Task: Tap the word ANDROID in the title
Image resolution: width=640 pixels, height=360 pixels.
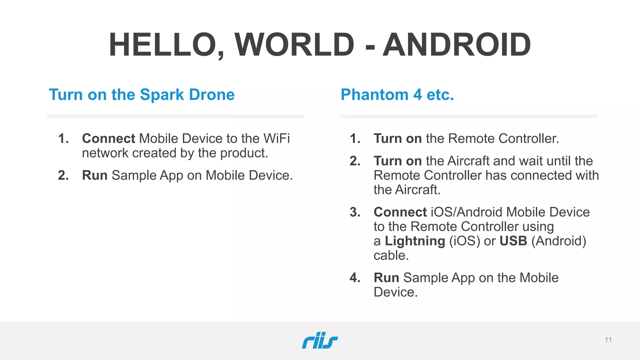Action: pos(457,45)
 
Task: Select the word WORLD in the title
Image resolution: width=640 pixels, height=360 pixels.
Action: pos(294,45)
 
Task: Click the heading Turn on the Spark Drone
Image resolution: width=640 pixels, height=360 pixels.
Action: pos(142,95)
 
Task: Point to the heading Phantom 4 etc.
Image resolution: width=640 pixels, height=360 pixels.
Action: pos(397,95)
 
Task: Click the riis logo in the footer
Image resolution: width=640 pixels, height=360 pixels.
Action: pos(320,340)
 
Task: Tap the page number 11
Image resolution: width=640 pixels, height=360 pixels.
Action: pos(608,340)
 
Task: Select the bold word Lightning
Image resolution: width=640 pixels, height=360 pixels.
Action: pos(415,241)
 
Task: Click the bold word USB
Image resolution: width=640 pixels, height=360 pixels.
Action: pos(513,241)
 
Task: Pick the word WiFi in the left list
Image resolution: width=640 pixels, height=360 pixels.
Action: pos(277,138)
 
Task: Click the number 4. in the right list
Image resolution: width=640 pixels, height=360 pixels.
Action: pos(355,278)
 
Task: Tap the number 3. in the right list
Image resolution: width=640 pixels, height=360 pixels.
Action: pos(355,212)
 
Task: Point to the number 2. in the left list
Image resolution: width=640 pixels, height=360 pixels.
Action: pos(63,175)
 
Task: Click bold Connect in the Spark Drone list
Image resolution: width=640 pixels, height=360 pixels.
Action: pos(108,138)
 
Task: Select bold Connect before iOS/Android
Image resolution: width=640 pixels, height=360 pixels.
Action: pos(400,212)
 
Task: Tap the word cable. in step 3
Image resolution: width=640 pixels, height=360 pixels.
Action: pos(391,255)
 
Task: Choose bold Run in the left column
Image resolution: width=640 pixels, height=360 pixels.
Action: pos(95,175)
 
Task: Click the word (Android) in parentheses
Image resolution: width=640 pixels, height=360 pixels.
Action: pos(558,241)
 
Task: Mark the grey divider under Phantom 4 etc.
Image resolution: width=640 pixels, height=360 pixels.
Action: pos(468,116)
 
